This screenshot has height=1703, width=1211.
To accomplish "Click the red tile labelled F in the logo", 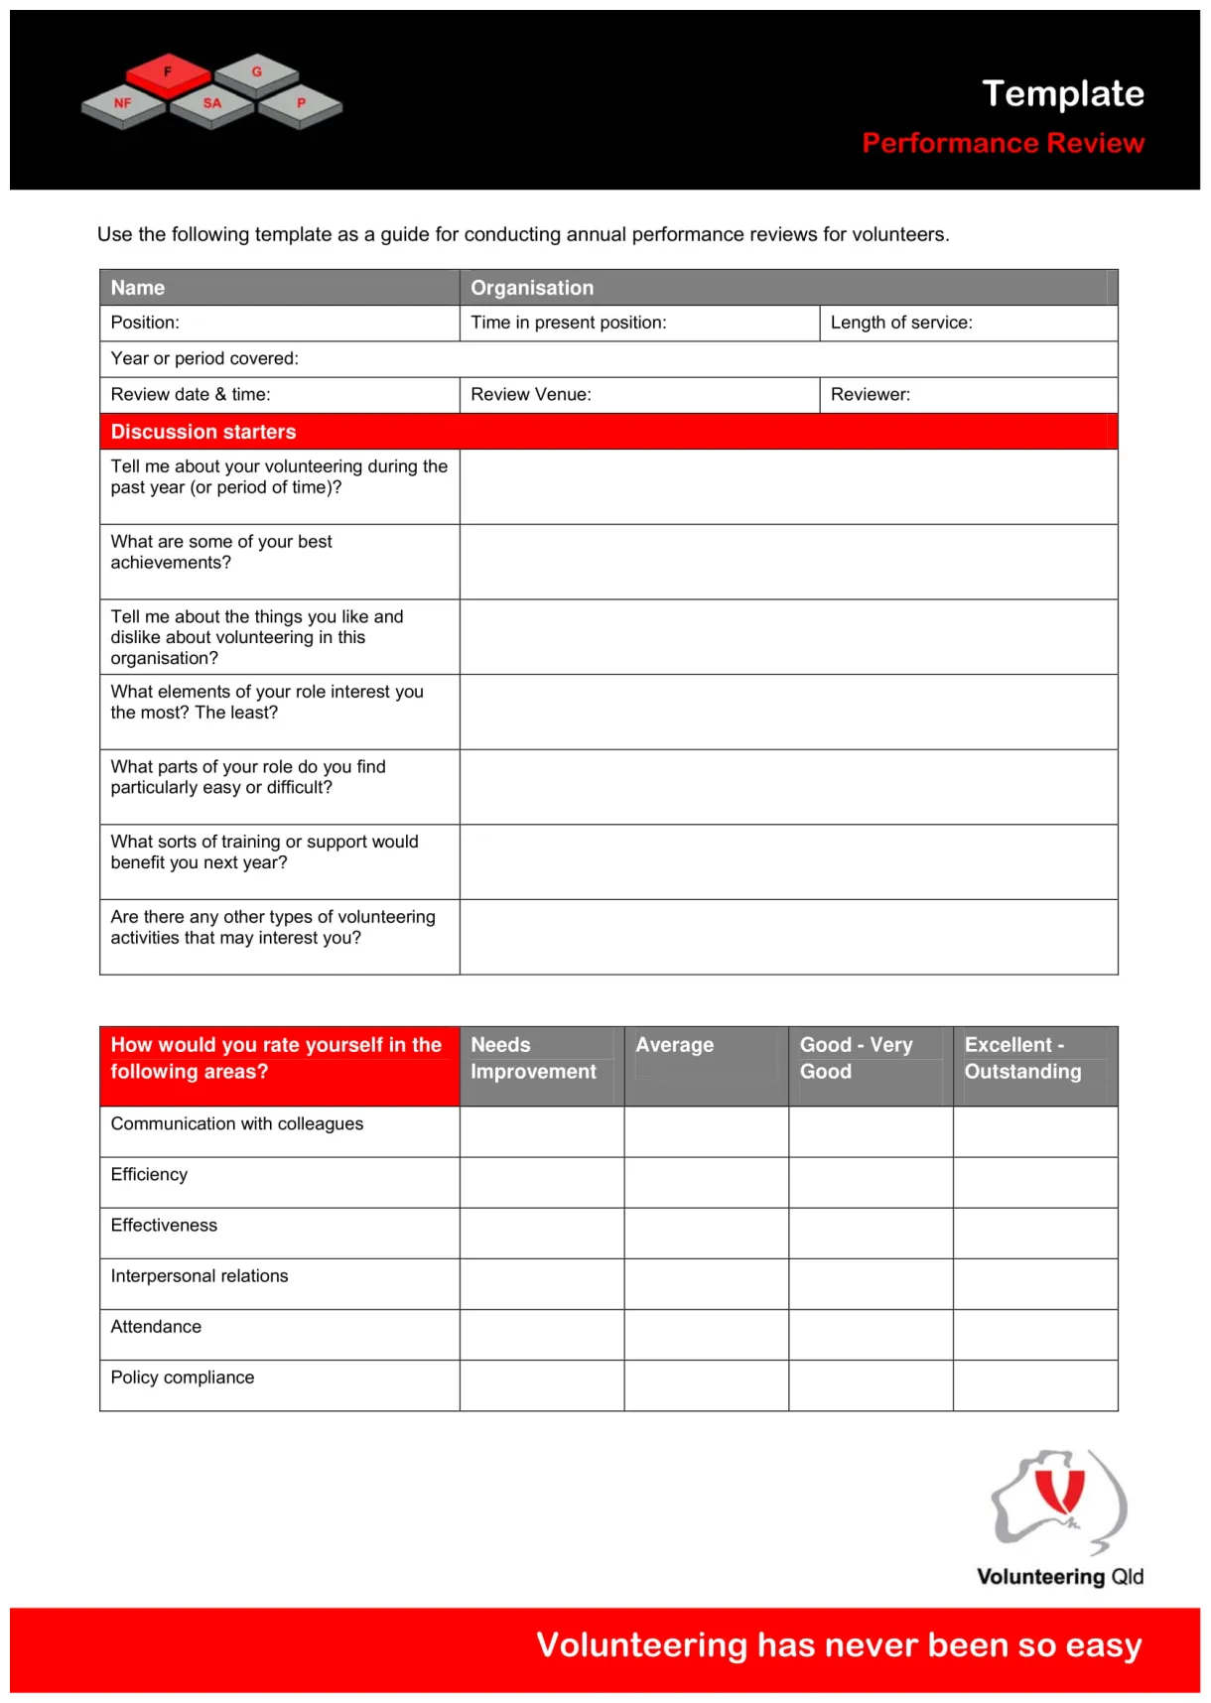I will (168, 72).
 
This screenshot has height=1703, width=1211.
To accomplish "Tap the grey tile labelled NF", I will (123, 104).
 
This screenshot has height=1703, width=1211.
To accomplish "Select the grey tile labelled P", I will (301, 104).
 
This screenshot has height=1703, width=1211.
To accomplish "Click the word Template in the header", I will (1062, 93).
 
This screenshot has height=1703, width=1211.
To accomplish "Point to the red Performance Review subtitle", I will (1003, 143).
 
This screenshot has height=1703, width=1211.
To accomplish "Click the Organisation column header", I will (532, 288).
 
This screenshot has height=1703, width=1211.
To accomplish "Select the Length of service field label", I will (901, 323).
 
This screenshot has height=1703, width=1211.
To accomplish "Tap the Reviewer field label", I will (870, 394).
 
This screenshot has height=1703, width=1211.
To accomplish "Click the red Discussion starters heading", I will (203, 432).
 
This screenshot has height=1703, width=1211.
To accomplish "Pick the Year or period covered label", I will (204, 358).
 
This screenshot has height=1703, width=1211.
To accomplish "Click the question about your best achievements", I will (221, 552).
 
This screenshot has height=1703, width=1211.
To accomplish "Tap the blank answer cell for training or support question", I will (788, 861).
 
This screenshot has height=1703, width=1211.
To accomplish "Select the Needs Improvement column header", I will (533, 1058).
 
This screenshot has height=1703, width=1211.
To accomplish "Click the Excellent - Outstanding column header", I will (1022, 1058).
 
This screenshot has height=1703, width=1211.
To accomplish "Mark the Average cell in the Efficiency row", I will (706, 1182).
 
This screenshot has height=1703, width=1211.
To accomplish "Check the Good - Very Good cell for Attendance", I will (871, 1335).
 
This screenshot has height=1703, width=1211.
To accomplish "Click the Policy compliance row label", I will (183, 1377).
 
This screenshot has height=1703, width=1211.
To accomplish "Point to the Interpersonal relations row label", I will (200, 1276).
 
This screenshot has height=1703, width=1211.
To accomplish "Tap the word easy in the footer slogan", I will (1103, 1645).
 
